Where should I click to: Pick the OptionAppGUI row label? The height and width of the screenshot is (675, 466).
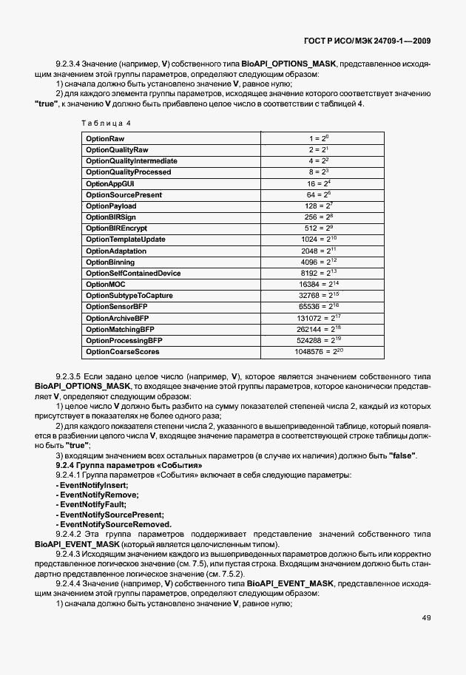[110, 183]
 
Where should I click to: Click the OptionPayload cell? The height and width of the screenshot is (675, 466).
[111, 206]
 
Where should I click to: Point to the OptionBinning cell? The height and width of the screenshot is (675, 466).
[110, 262]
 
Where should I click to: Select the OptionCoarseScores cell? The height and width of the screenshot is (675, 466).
[123, 351]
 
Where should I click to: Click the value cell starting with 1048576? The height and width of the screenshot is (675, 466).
[321, 351]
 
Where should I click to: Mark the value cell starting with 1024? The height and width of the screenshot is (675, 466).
[321, 240]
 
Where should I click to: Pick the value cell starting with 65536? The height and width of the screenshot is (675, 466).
[321, 306]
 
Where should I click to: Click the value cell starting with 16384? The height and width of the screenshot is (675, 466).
[321, 284]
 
